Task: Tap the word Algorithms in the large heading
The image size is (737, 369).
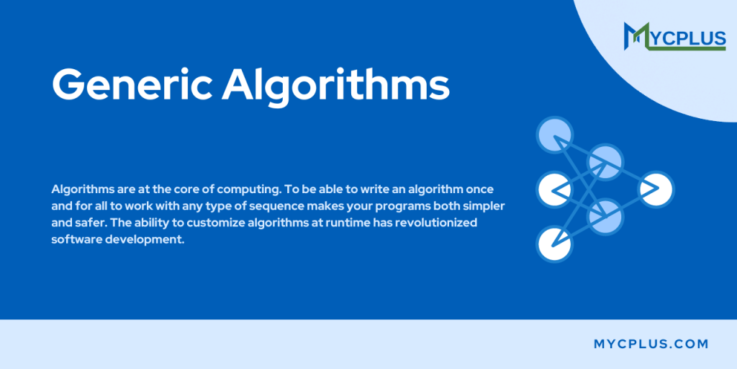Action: click(336, 86)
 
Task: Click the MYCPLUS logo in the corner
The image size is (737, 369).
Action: click(674, 36)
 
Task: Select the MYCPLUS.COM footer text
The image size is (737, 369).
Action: click(651, 344)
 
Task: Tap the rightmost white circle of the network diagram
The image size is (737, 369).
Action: click(655, 189)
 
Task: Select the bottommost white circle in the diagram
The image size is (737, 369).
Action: click(553, 244)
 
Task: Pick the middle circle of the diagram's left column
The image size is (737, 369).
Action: click(553, 189)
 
